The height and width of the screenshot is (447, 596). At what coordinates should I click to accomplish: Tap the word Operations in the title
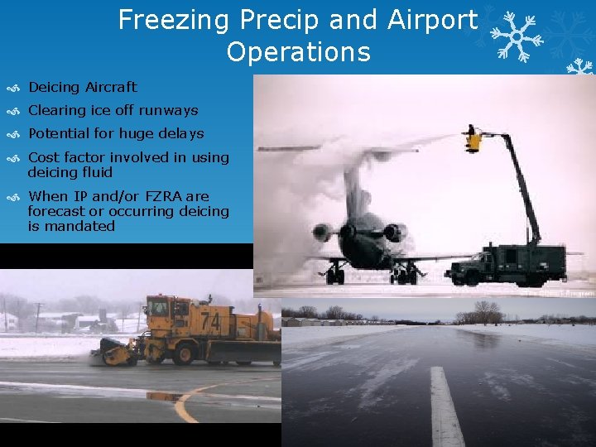[298, 51]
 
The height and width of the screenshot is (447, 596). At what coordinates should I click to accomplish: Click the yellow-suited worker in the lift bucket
[473, 139]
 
